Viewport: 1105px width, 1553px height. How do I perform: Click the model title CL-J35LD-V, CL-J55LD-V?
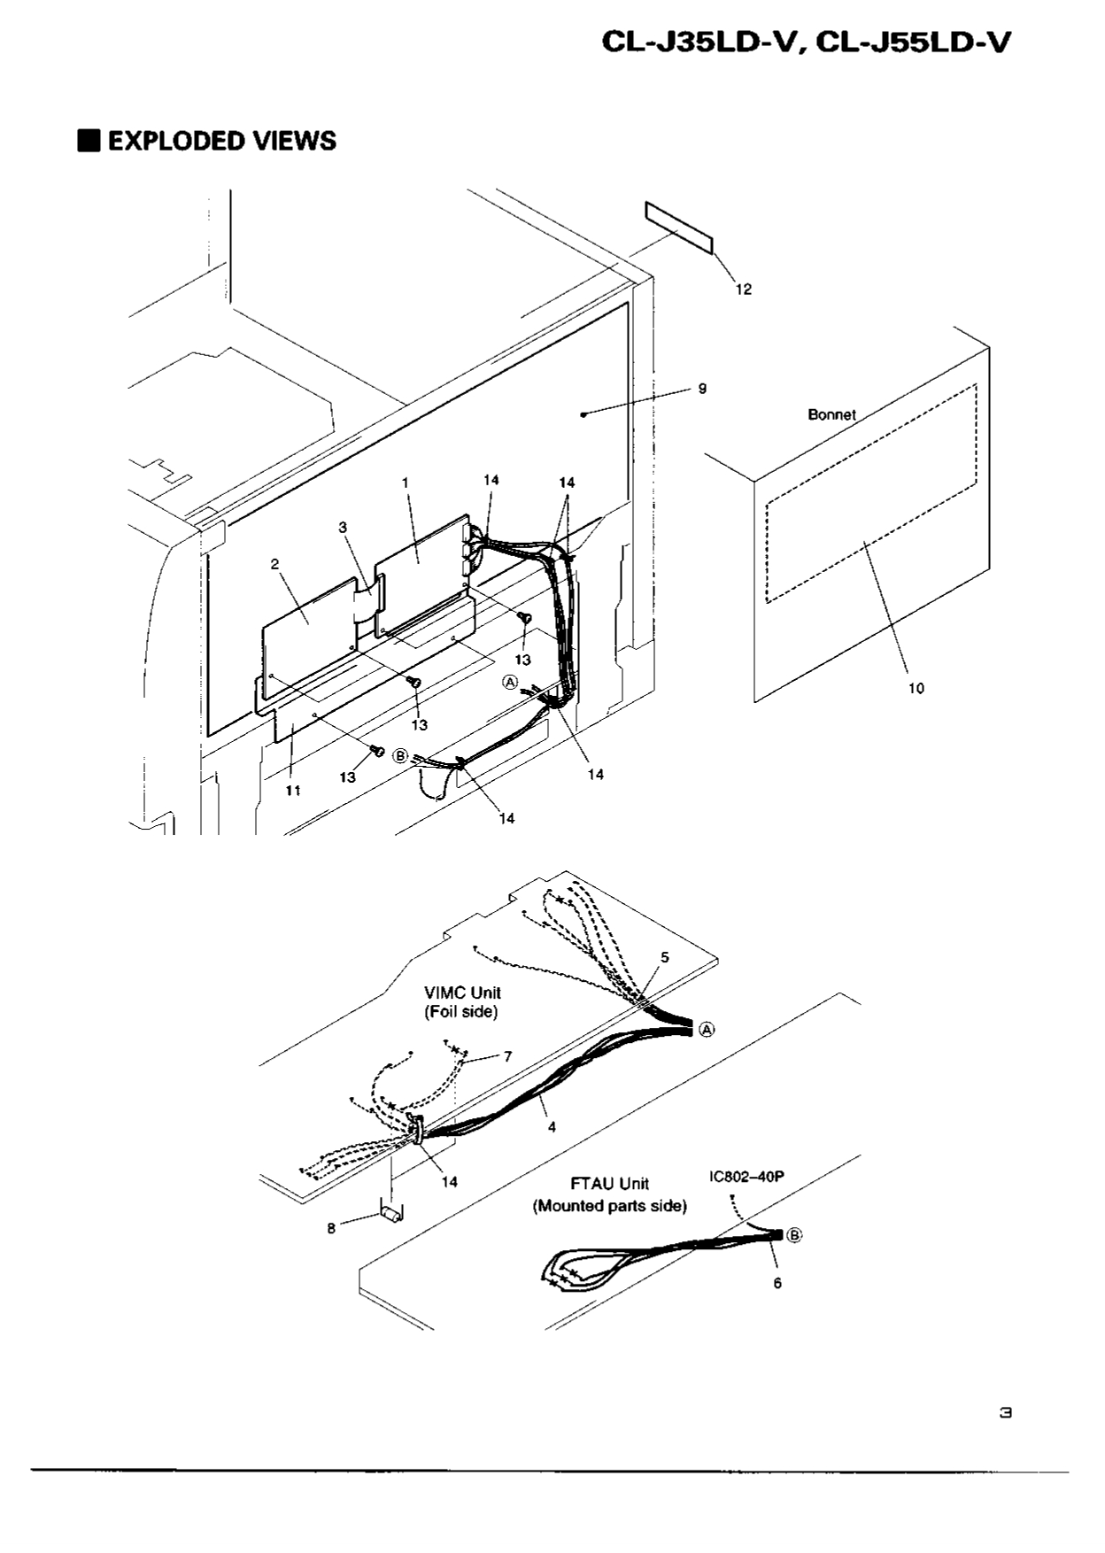tap(805, 42)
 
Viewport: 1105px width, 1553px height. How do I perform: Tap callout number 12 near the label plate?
tap(744, 290)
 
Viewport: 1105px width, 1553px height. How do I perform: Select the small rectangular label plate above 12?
tap(678, 228)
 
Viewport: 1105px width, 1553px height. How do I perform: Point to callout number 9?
tap(702, 389)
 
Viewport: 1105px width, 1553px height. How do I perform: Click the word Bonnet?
tap(831, 414)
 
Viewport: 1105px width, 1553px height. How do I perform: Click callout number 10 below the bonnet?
tap(916, 688)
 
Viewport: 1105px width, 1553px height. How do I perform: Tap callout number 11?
tap(292, 791)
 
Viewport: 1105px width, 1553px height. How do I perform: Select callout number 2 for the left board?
tap(275, 563)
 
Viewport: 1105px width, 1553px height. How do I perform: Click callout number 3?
tap(343, 527)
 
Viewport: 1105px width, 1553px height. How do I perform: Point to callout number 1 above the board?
tap(405, 483)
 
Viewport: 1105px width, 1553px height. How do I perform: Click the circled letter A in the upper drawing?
tap(510, 681)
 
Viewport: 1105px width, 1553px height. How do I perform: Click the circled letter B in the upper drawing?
tap(400, 756)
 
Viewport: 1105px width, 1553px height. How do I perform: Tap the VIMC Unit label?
tap(461, 1002)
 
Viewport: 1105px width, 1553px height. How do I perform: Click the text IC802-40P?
tap(746, 1177)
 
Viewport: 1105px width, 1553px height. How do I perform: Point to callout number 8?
tap(331, 1228)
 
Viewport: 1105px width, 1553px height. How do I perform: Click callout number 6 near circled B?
tap(777, 1283)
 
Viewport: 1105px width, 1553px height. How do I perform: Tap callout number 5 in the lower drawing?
tap(665, 957)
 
